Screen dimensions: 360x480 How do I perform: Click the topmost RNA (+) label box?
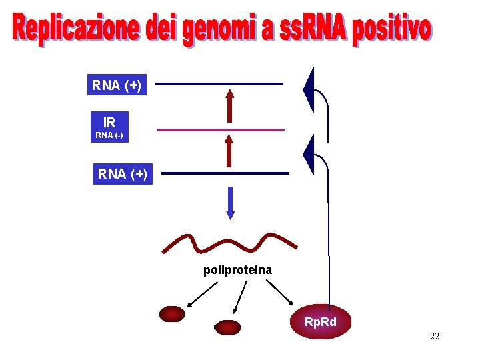(x=116, y=85)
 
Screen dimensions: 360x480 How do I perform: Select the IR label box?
(x=109, y=122)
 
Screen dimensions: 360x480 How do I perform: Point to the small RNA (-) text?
(x=109, y=136)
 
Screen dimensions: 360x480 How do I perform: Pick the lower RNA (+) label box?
(x=123, y=174)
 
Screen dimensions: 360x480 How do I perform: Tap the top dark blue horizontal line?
(x=219, y=84)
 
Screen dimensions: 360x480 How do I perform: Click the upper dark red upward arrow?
(x=229, y=105)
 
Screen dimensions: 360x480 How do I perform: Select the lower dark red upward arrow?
(x=229, y=150)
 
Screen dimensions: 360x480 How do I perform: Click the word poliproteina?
(x=237, y=270)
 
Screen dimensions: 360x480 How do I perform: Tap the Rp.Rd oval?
(x=321, y=323)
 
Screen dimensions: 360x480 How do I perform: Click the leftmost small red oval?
(x=172, y=314)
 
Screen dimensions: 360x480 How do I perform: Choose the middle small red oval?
(x=227, y=327)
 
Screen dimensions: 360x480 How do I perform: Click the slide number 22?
(x=435, y=336)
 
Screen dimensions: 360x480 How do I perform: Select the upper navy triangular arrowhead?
(x=309, y=90)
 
